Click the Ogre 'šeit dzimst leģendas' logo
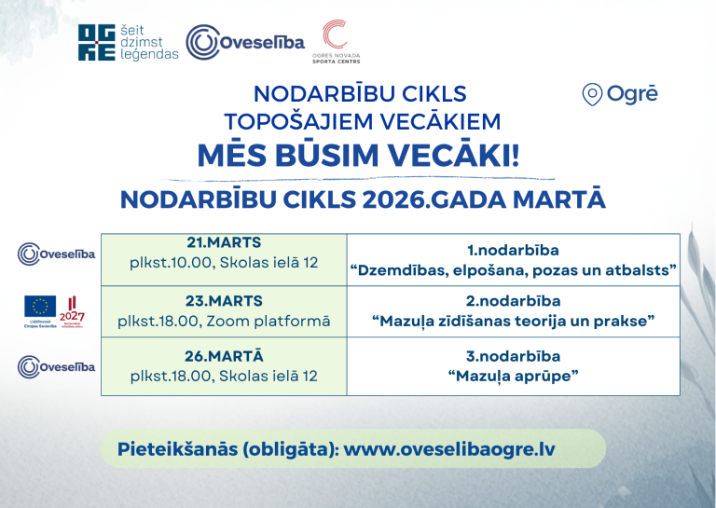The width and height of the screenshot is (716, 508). [128, 42]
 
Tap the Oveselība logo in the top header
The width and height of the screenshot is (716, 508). [245, 42]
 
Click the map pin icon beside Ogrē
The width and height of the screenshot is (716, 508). [591, 94]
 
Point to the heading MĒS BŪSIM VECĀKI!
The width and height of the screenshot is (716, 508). [359, 156]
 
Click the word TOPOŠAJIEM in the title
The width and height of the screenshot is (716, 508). [282, 121]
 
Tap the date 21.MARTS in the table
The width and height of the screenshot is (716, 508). [224, 242]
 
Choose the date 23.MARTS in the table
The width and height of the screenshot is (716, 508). [224, 301]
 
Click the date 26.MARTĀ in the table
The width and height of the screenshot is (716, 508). [224, 356]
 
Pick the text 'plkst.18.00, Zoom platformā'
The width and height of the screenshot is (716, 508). [224, 321]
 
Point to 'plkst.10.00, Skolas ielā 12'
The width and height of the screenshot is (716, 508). [224, 262]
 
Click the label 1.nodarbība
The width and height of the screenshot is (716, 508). [513, 250]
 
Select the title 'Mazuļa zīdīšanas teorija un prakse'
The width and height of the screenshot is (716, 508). [513, 322]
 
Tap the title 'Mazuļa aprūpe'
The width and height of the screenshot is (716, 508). [513, 376]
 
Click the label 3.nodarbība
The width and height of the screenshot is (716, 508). [513, 356]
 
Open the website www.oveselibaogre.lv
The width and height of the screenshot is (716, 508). [449, 448]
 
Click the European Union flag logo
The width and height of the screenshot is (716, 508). [39, 306]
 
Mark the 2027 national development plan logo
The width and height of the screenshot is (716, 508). [72, 311]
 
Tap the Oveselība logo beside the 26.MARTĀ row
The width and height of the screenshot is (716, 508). [56, 366]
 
